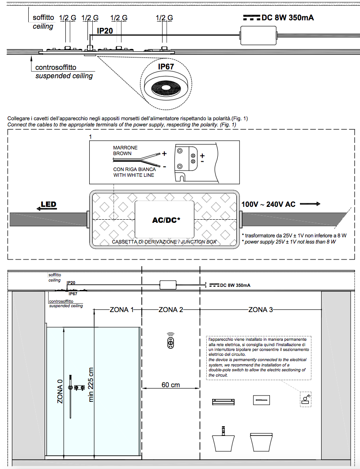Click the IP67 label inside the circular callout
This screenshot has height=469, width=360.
[x=166, y=67]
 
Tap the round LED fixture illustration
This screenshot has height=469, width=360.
[x=166, y=87]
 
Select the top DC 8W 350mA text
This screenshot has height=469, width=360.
[x=288, y=18]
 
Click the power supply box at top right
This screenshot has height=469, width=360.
[x=258, y=34]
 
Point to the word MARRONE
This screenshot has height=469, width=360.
[x=125, y=148]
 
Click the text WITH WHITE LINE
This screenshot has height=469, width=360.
[x=133, y=175]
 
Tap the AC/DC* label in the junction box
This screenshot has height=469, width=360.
[x=164, y=220]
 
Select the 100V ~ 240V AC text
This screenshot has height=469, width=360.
[x=268, y=204]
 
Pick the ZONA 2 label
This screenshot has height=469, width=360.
[x=171, y=309]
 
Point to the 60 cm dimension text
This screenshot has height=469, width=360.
[x=171, y=385]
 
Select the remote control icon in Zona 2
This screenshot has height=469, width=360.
[x=171, y=342]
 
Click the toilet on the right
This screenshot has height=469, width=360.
[x=263, y=441]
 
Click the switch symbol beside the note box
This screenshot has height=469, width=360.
[x=306, y=399]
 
